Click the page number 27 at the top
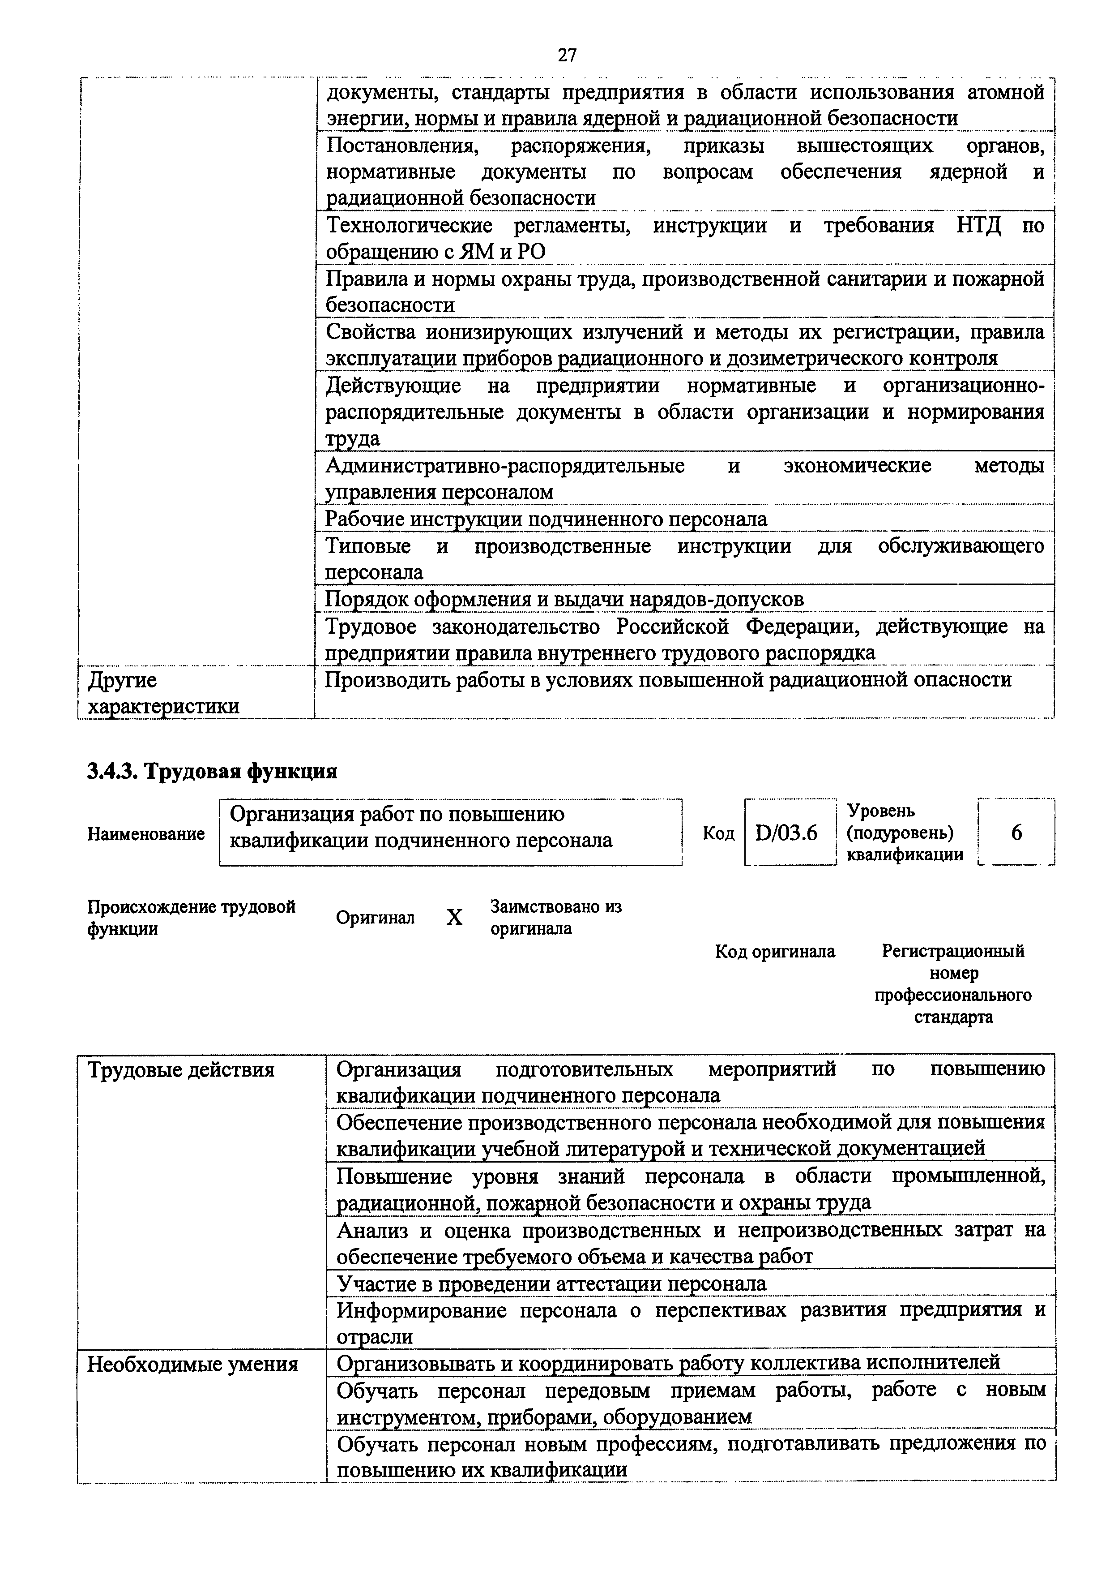tap(567, 55)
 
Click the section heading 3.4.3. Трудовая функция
tap(213, 771)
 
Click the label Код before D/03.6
tap(718, 833)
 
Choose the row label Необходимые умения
tap(193, 1365)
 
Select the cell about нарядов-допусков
tap(564, 599)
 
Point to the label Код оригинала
tap(775, 952)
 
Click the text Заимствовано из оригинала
tap(555, 918)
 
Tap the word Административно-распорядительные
tap(505, 466)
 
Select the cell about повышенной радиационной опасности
tap(667, 680)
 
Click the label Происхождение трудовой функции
tap(191, 918)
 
